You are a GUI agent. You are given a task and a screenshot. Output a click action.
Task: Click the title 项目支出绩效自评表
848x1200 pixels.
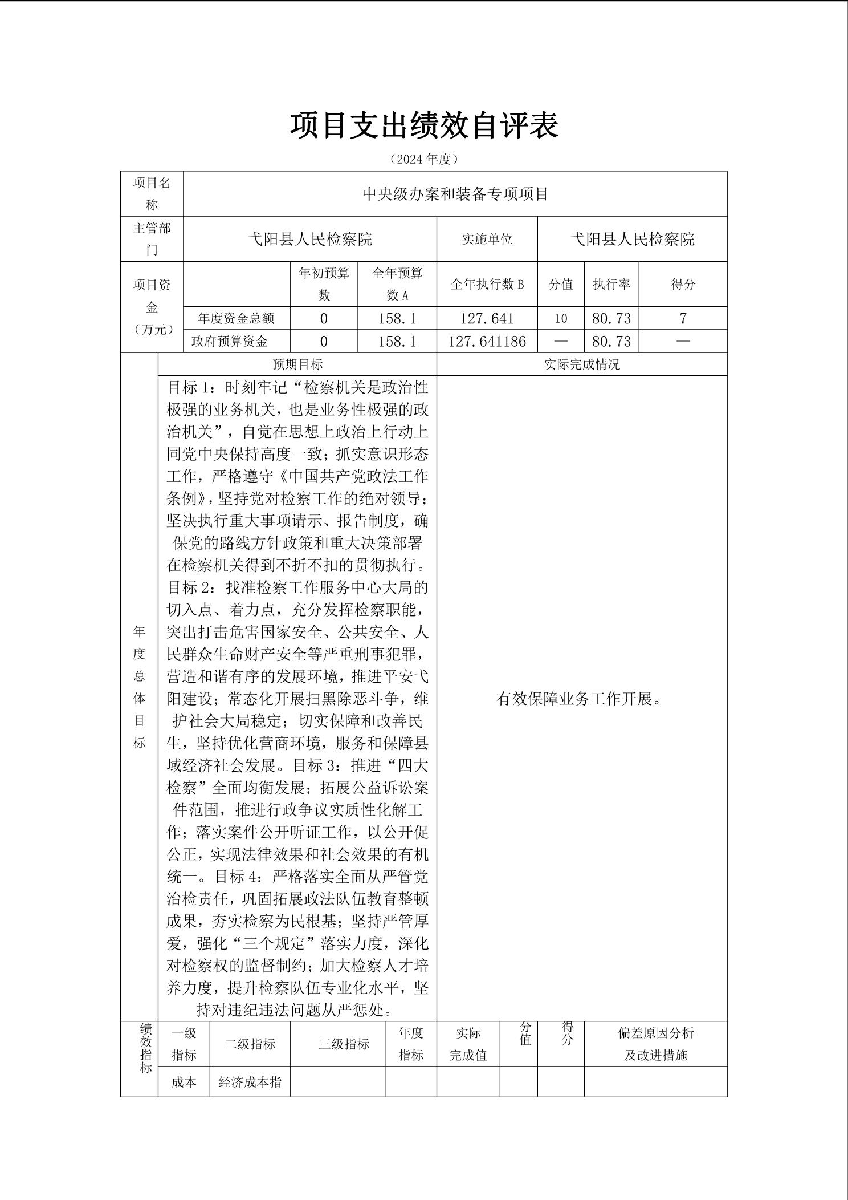click(x=424, y=126)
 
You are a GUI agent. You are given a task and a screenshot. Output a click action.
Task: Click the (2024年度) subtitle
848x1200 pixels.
click(x=424, y=159)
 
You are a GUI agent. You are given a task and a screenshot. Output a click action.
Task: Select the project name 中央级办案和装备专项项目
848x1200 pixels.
click(x=455, y=194)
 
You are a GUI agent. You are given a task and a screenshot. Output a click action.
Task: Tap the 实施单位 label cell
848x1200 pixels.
click(x=487, y=239)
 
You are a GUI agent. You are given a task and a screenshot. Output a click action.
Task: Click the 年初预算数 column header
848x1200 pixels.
click(x=324, y=284)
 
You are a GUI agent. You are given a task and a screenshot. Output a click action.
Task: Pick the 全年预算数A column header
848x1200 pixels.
click(x=397, y=284)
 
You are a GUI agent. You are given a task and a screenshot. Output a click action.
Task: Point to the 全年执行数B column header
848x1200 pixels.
click(x=487, y=284)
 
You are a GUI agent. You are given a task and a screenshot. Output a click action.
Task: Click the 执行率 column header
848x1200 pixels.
click(x=611, y=284)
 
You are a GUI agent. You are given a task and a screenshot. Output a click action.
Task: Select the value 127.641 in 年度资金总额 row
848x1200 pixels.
click(x=487, y=318)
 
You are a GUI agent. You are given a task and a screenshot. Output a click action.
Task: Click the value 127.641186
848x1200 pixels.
click(x=487, y=341)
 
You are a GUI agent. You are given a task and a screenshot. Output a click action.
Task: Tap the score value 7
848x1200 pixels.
click(x=683, y=318)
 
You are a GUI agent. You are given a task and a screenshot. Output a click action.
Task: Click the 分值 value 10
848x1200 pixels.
click(x=561, y=318)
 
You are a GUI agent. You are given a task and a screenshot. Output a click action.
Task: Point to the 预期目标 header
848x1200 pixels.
click(x=297, y=364)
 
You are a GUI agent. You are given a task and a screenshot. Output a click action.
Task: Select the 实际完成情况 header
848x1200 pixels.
click(x=581, y=364)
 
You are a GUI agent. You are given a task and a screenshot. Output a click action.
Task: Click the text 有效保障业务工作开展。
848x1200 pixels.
click(x=579, y=699)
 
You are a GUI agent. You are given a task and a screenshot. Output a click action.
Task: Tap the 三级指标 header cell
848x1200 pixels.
click(x=344, y=1044)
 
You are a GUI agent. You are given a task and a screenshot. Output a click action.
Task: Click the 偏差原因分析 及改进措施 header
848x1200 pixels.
click(x=655, y=1044)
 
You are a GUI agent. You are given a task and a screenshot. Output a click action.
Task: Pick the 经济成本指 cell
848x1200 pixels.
click(x=250, y=1082)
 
